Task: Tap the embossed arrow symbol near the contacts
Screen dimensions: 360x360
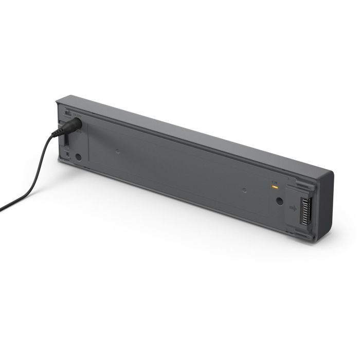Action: [x=293, y=208]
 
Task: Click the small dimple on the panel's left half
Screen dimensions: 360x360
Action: [x=117, y=151]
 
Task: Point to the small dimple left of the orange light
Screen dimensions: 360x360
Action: [x=245, y=190]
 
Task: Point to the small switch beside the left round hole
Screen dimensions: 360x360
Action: [x=66, y=153]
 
